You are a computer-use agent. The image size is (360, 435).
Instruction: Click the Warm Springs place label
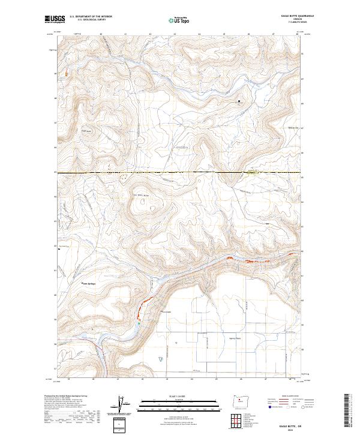tap(89, 283)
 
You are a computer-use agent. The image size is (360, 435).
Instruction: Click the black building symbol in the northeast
tap(239, 101)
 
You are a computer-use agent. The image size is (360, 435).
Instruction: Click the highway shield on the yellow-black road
tap(251, 173)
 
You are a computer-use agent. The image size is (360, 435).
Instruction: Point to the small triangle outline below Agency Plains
tap(160, 358)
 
